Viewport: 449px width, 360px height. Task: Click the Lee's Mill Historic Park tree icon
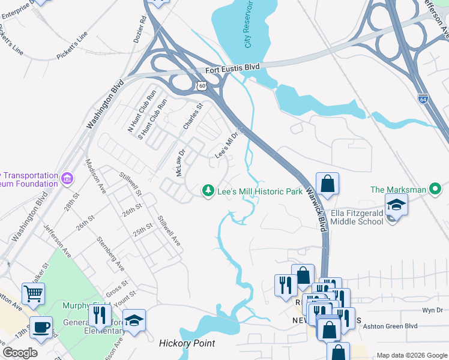coord(208,190)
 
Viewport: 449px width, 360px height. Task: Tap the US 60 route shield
coord(202,87)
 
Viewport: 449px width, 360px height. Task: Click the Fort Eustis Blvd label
coord(232,68)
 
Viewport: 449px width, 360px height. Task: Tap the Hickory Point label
coord(187,344)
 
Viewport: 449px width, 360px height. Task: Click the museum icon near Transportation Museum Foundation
coord(67,178)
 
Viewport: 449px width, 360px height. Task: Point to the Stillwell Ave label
coord(169,231)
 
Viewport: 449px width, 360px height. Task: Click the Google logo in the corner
coord(20,353)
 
